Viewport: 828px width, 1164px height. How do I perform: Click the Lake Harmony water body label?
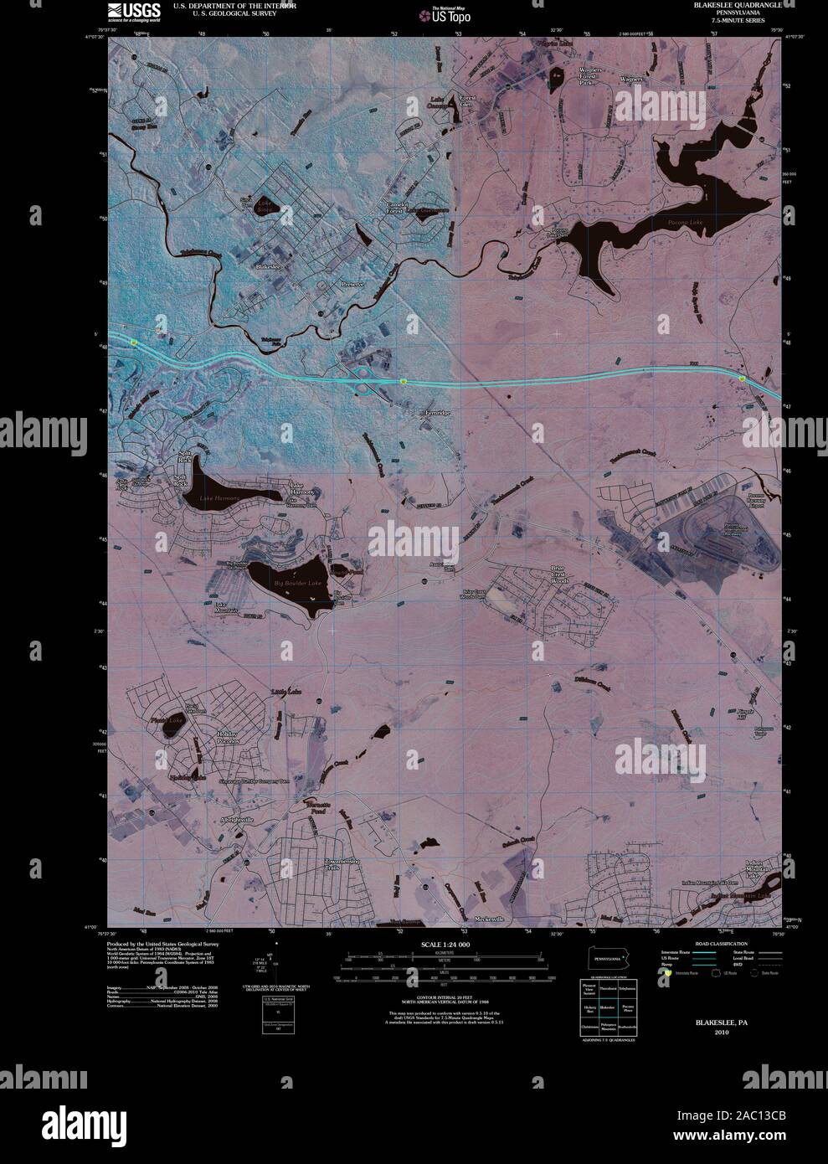(219, 499)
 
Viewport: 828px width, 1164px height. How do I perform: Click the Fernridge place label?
(434, 413)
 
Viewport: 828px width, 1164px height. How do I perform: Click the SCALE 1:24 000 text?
(446, 945)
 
